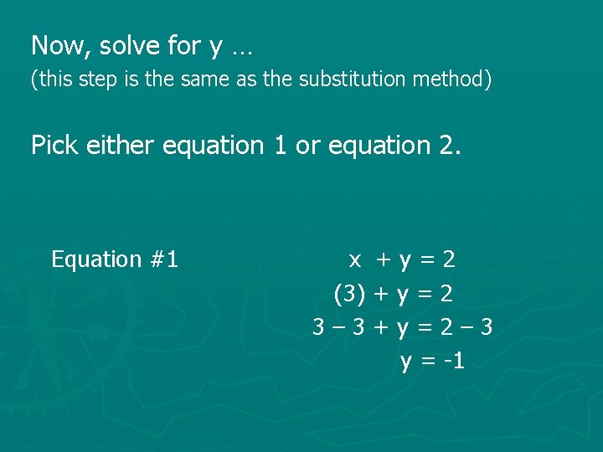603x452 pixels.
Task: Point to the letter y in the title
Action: tap(216, 47)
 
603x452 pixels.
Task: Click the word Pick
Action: tap(54, 145)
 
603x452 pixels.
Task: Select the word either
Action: tap(119, 145)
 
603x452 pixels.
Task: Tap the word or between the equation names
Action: tap(308, 146)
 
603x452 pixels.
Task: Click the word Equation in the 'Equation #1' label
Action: tap(96, 260)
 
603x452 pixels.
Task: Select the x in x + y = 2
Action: tap(355, 260)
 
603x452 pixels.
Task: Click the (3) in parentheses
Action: tap(348, 294)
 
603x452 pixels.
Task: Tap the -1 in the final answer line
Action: tap(455, 361)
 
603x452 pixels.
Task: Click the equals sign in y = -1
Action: tap(428, 362)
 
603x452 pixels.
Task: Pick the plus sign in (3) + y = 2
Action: tap(381, 294)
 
